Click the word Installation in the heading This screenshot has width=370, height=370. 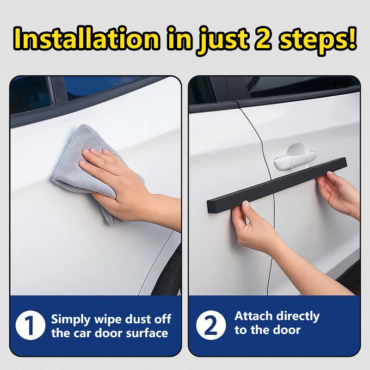pos(86,38)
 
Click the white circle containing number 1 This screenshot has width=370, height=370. pos(30,325)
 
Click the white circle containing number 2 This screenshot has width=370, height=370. pos(211,325)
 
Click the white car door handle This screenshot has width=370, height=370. pos(295,158)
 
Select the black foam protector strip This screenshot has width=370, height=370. pos(277,185)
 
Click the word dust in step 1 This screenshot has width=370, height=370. pos(137,319)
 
